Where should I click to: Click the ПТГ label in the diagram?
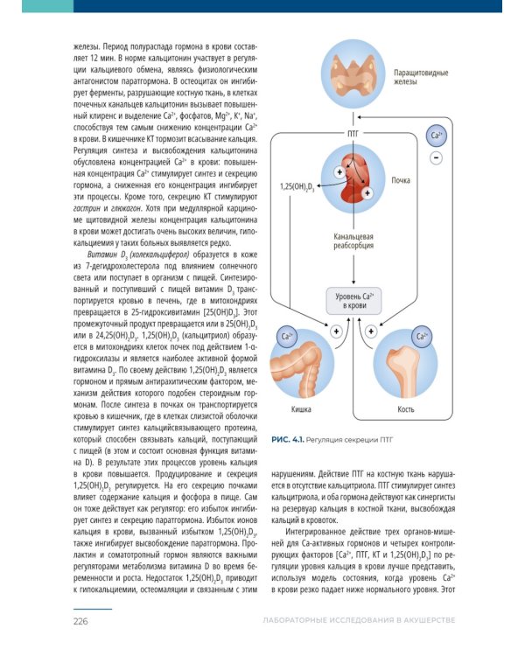point(353,134)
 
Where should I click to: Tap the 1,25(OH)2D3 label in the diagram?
point(297,188)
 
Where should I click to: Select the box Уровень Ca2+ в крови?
point(354,301)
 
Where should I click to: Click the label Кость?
point(405,409)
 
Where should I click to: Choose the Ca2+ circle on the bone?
point(423,336)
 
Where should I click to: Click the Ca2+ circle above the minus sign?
point(437,135)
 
